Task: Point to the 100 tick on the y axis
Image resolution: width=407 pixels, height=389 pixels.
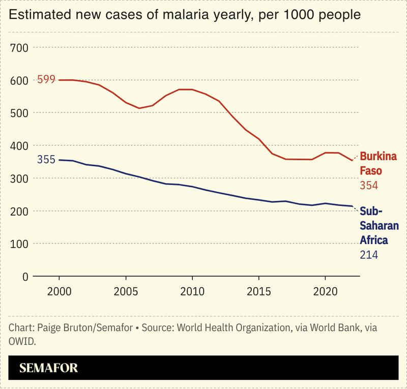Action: [x=19, y=244]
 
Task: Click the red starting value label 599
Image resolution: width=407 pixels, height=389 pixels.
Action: [x=46, y=80]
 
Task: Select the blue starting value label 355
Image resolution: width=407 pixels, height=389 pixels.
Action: [x=46, y=160]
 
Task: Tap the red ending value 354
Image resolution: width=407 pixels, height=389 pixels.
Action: [x=369, y=186]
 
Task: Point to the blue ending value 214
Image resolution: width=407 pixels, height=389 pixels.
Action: [x=369, y=254]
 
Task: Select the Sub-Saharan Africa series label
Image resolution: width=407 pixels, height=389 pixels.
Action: [x=379, y=225]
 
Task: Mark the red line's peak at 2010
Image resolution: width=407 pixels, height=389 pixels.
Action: [x=192, y=89]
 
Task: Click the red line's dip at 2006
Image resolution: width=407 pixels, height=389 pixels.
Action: [x=139, y=108]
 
